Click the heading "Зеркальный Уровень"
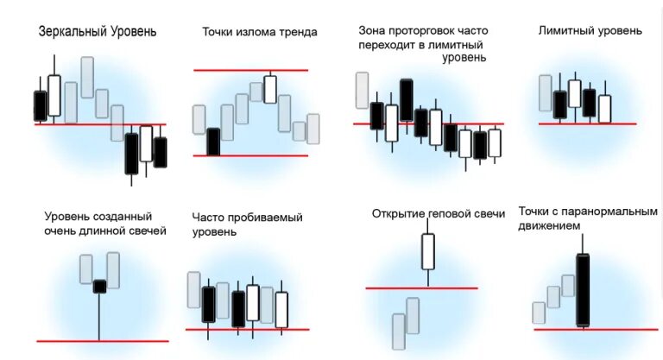[98, 32]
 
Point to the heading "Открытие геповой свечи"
[438, 212]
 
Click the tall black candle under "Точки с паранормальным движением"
[584, 290]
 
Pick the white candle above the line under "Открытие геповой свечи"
[428, 251]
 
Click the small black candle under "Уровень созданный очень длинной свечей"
[100, 286]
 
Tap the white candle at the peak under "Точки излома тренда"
[270, 89]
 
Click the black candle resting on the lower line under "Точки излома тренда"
[213, 142]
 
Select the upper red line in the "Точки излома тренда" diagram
[250, 70]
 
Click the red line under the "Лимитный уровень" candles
[587, 123]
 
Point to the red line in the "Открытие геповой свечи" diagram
[421, 287]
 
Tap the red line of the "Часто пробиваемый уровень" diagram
[247, 329]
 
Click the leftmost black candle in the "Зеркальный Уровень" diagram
[40, 106]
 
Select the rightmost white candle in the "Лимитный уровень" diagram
[604, 109]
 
